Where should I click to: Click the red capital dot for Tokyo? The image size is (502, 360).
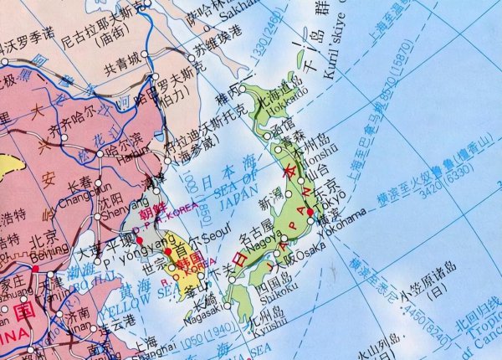pos(310,212)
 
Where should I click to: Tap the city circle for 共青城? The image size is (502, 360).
pos(145,54)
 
